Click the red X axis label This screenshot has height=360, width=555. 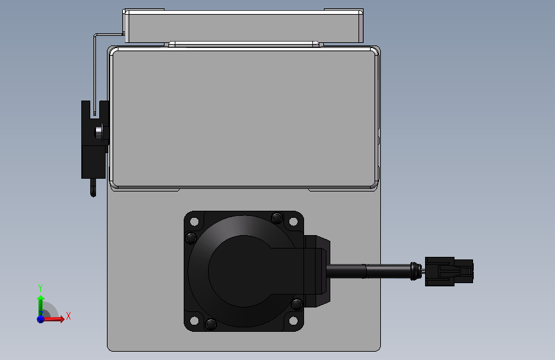point(68,316)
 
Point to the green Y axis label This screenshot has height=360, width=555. point(40,288)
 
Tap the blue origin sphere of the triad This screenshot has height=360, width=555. point(40,318)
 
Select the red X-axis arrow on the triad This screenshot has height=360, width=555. point(56,318)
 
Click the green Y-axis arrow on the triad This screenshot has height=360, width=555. point(40,302)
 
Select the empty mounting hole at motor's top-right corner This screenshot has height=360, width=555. point(293,222)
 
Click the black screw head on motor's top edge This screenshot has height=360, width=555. point(277,217)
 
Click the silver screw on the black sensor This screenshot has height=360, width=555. point(99,131)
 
